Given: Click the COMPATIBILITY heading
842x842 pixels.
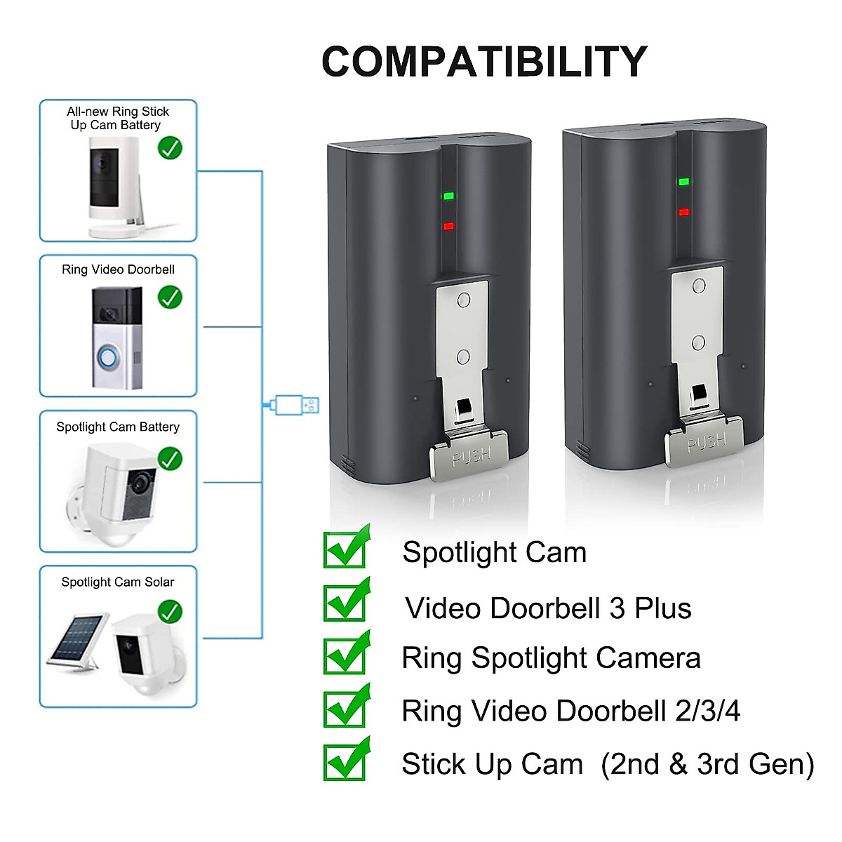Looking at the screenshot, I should [483, 62].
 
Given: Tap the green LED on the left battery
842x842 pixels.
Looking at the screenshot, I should [448, 196].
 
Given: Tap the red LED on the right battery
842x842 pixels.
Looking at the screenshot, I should [683, 212].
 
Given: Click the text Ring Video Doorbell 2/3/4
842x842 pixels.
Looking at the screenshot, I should [570, 711].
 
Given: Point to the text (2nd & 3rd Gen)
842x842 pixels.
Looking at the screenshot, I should [707, 764].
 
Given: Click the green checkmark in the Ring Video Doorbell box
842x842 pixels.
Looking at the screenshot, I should [170, 297].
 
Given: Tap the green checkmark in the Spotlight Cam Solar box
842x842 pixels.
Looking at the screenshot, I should [170, 611].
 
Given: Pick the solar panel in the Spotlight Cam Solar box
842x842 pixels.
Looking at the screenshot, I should [78, 640].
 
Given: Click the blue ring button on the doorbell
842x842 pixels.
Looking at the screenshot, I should [107, 358].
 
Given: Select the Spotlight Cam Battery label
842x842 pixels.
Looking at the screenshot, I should [118, 427].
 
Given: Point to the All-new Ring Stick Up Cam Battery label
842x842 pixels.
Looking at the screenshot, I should [117, 118].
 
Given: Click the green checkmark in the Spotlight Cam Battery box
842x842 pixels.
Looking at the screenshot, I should [170, 459].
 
